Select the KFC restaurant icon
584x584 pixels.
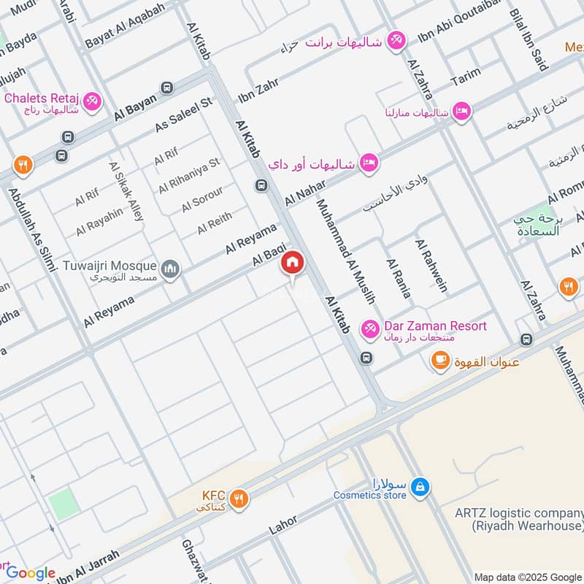238,499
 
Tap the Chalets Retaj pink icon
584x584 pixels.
92,101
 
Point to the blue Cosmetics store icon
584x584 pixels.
420,485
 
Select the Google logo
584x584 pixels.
30,573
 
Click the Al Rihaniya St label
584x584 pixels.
188,177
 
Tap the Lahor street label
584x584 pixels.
285,524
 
